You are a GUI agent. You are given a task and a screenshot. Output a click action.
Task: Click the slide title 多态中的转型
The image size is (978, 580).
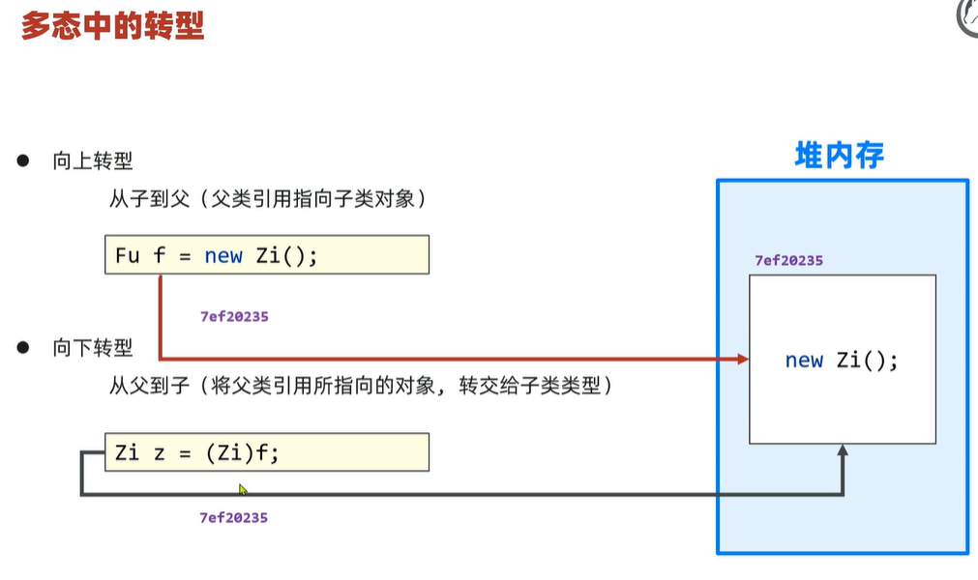tap(112, 25)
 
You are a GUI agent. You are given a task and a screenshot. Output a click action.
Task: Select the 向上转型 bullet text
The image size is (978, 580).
tap(92, 161)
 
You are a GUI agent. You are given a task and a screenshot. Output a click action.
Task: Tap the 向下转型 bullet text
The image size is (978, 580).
tap(92, 348)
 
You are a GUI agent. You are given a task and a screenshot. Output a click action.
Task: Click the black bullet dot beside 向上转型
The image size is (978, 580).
tap(23, 160)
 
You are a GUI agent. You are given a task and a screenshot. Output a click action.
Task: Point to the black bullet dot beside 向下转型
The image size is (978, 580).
tap(23, 347)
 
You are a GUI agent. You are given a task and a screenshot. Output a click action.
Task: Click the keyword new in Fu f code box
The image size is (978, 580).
tap(223, 256)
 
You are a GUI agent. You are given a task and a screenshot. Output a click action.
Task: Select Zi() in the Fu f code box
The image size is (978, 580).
tap(287, 256)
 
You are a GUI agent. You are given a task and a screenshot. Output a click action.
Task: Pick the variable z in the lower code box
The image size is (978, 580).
tap(160, 451)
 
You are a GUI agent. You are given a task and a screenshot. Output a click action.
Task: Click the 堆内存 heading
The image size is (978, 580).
tap(839, 156)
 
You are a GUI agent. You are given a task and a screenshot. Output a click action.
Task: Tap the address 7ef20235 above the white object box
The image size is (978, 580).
tap(788, 261)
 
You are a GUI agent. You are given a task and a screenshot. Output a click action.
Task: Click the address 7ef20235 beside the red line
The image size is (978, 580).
tap(233, 316)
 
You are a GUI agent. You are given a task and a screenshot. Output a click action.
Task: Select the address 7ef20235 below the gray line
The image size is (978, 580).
tap(233, 517)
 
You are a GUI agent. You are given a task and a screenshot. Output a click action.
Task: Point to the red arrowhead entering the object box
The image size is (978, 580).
tap(743, 359)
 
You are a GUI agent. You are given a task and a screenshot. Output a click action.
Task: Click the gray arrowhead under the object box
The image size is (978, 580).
tap(843, 450)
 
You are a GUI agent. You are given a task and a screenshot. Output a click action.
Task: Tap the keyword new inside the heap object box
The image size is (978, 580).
tap(804, 361)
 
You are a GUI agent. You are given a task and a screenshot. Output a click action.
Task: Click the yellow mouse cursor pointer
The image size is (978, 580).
tap(244, 489)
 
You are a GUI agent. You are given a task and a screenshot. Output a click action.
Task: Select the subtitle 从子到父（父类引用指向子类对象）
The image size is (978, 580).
tap(267, 200)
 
